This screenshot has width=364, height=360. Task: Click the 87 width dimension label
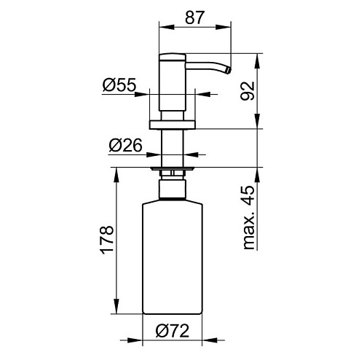point(195,17)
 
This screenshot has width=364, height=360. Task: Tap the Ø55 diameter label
point(119,85)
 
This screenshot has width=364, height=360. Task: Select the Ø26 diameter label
point(125,145)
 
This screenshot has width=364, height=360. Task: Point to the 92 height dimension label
point(248,91)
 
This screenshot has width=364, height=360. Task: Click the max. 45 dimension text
point(248,218)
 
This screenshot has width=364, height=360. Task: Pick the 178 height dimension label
point(107,240)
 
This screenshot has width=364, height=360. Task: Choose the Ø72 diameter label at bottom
point(173,331)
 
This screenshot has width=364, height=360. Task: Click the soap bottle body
point(173,257)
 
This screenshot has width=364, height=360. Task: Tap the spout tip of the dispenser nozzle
point(229,71)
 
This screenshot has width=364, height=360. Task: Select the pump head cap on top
point(173,58)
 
